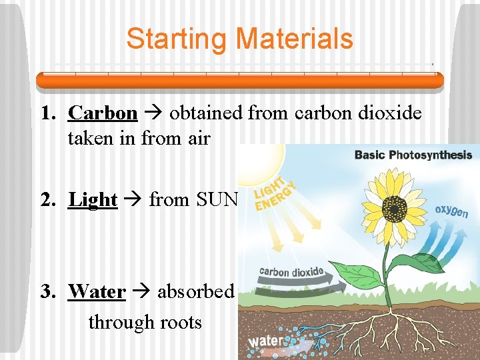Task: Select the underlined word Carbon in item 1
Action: click(x=103, y=113)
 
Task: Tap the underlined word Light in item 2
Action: click(x=93, y=199)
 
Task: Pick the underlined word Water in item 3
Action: click(x=97, y=291)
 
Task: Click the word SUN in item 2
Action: click(x=216, y=199)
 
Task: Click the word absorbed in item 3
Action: click(x=195, y=291)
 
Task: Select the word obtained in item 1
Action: click(x=206, y=113)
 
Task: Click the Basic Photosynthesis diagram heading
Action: click(x=413, y=155)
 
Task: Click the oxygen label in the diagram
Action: click(x=452, y=212)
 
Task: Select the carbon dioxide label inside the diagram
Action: click(x=291, y=272)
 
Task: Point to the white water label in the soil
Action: click(x=265, y=341)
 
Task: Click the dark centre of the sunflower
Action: click(x=396, y=211)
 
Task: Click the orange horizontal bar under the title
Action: click(x=239, y=81)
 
